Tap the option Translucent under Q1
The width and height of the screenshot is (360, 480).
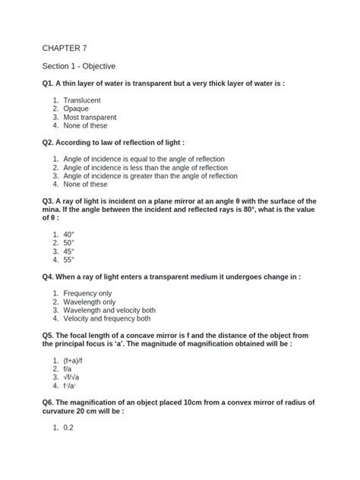coord(82,100)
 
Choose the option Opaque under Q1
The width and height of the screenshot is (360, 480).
coord(77,109)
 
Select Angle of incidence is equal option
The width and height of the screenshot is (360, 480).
coord(144,159)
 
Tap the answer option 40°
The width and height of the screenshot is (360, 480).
coord(69,234)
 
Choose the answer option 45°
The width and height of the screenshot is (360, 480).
coord(69,251)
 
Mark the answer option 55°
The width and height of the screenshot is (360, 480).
coord(69,260)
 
